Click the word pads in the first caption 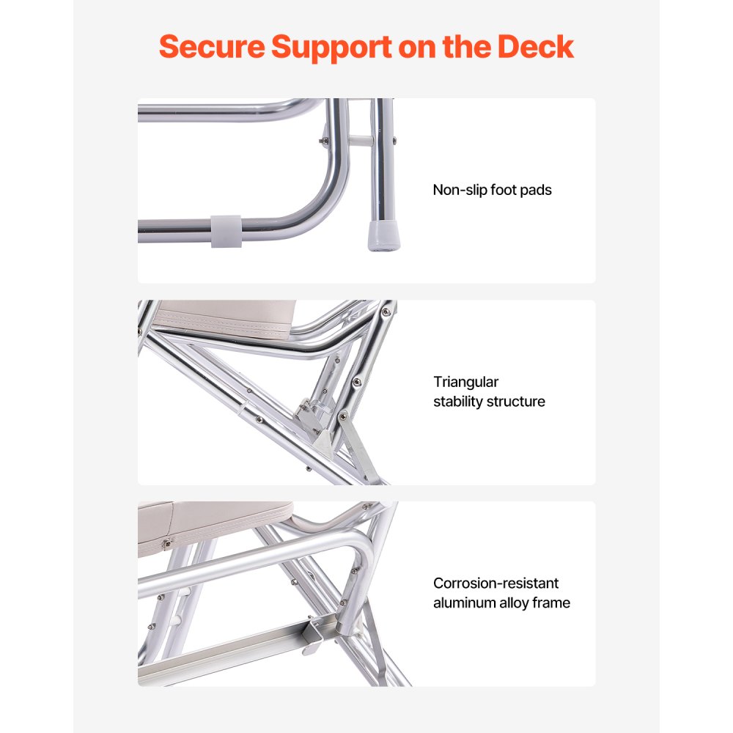point(536,190)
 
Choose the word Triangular point(465,382)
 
